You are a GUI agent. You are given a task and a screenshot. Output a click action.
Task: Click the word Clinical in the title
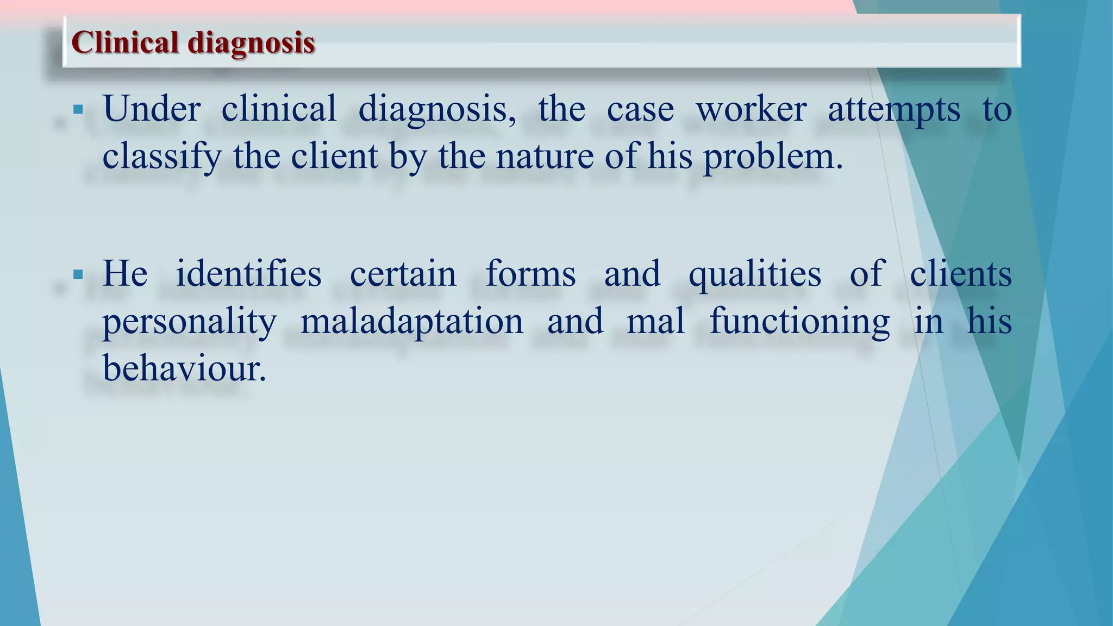tap(125, 42)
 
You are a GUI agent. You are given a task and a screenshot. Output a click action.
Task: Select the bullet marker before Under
tap(78, 110)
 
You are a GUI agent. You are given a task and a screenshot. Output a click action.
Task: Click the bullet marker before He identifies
tap(78, 274)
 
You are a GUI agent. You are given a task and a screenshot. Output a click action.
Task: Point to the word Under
tap(152, 109)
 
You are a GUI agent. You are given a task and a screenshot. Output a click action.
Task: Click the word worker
tap(751, 109)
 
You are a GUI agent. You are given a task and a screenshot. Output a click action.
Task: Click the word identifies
tap(248, 273)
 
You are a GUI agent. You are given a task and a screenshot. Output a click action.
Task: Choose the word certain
tap(403, 274)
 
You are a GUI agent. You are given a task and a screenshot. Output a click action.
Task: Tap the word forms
tap(530, 273)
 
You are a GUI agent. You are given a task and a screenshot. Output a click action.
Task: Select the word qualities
tap(755, 274)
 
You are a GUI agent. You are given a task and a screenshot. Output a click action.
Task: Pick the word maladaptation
tap(412, 322)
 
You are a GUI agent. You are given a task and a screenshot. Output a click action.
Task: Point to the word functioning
tap(799, 322)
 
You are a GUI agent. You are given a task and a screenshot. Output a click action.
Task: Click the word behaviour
tap(185, 368)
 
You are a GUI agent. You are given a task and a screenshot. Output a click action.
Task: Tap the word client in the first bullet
tap(334, 156)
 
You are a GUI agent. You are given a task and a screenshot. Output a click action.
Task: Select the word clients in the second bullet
tap(960, 273)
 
